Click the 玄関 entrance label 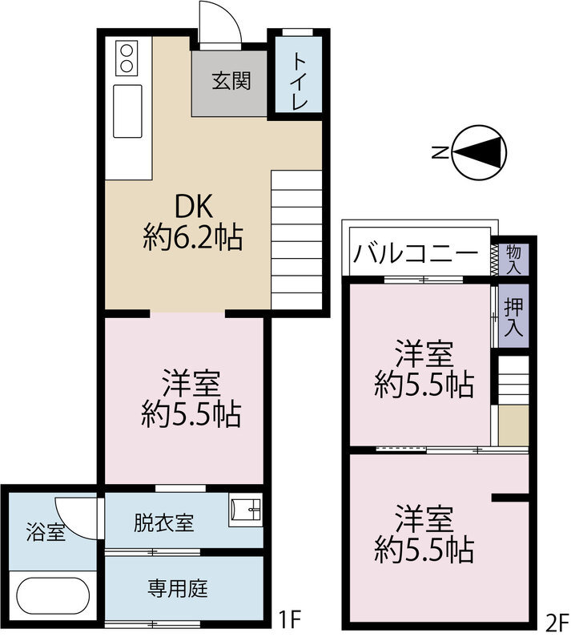point(231,81)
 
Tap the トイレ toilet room point(298,75)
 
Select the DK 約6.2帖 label point(193,222)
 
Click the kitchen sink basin point(127,111)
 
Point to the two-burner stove point(127,58)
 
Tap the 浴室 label point(46,532)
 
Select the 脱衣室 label point(163,522)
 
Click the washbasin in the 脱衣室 point(245,510)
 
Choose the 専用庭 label point(178,589)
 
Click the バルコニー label point(416,253)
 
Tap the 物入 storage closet point(513,260)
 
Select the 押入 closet point(513,316)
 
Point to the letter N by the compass point(440,153)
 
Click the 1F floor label point(290,619)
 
